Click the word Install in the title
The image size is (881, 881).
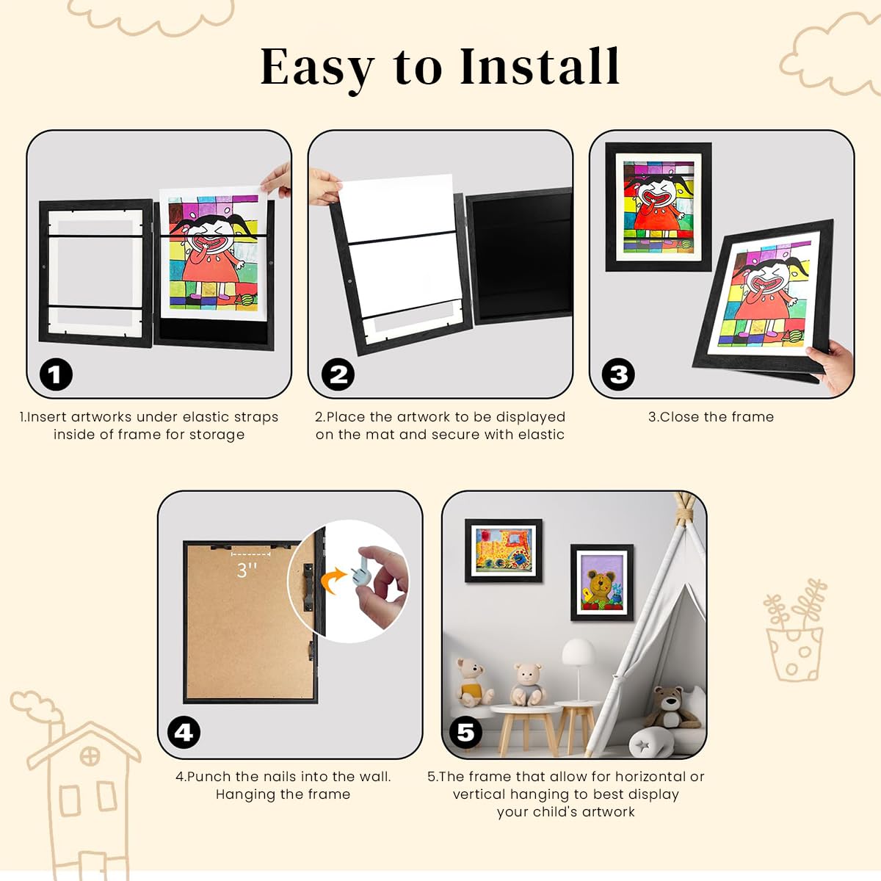540,67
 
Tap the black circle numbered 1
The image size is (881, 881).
56,374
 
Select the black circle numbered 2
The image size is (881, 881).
338,374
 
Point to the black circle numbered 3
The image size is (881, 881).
618,374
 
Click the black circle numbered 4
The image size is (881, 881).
184,733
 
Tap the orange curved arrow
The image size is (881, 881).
333,580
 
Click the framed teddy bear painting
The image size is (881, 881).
602,582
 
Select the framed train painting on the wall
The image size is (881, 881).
504,551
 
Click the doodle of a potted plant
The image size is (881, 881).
795,630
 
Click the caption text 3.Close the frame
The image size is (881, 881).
711,417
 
